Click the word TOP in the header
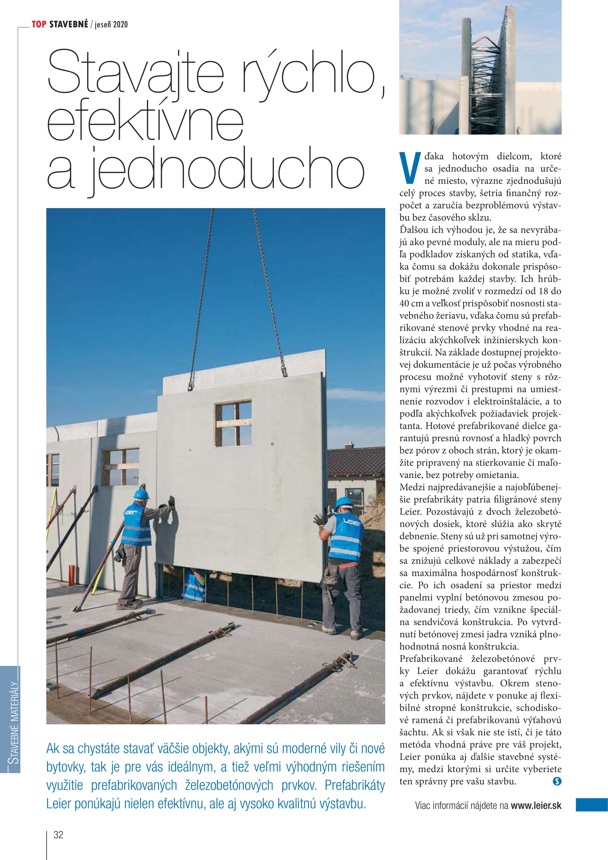[39, 24]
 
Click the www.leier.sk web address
[536, 806]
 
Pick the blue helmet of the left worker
[141, 494]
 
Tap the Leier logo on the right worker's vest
[351, 522]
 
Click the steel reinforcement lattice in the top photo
[485, 86]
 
